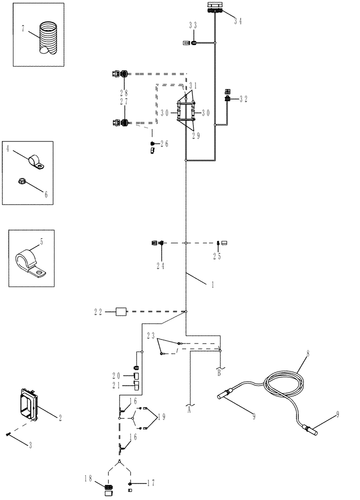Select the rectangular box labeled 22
click(x=121, y=311)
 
